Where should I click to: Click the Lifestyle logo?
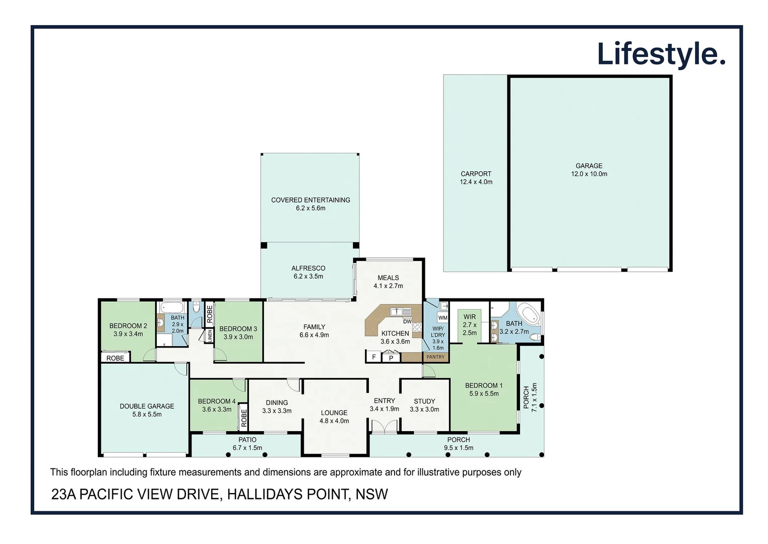[x=661, y=54]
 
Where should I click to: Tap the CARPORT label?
[x=476, y=174]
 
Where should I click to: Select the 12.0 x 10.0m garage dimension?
[x=589, y=174]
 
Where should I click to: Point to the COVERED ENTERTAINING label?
[x=310, y=200]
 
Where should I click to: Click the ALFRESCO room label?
[x=308, y=268]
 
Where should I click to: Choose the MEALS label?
[x=388, y=278]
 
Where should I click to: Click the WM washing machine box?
[x=442, y=318]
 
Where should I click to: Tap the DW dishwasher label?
[x=407, y=321]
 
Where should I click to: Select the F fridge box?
[x=374, y=357]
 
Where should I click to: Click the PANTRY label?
[x=435, y=357]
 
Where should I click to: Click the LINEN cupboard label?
[x=210, y=336]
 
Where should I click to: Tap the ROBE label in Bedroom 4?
[x=244, y=418]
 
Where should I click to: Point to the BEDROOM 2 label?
[x=128, y=326]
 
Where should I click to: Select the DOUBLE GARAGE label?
[x=147, y=406]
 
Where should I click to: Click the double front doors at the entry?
[x=385, y=427]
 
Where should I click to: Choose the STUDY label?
[x=424, y=401]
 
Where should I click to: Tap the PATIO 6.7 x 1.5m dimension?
[x=247, y=448]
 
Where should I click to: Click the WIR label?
[x=469, y=317]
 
